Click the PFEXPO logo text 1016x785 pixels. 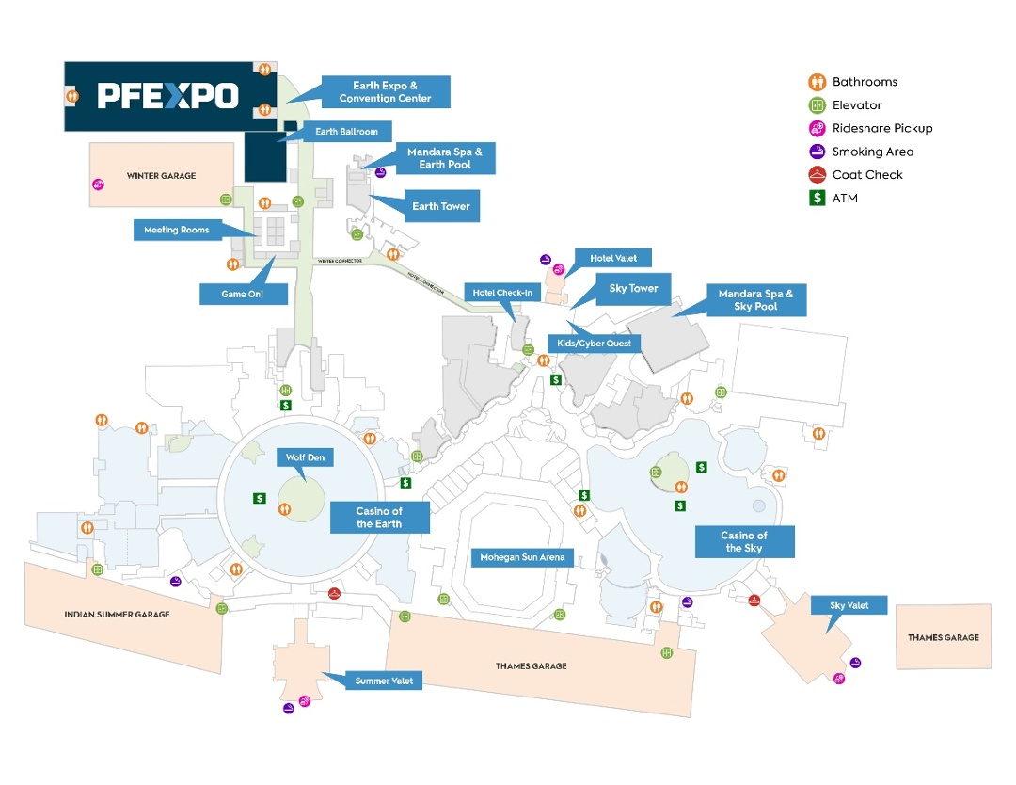pos(167,95)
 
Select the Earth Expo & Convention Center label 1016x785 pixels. pos(386,92)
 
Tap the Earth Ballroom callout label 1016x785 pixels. pos(347,132)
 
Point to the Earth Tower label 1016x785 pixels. pos(440,206)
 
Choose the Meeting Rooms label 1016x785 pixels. pos(176,230)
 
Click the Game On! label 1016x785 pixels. pos(242,294)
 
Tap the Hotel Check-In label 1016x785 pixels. pos(502,293)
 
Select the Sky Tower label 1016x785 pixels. pos(633,289)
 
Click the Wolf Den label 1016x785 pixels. pos(304,458)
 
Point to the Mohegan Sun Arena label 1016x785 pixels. pos(522,557)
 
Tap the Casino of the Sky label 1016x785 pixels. pos(745,541)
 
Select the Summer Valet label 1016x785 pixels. pos(384,681)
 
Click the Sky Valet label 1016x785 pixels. pos(849,605)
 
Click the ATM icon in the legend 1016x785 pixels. pos(818,198)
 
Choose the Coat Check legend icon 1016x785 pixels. pos(818,174)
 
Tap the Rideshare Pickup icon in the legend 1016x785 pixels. pos(818,128)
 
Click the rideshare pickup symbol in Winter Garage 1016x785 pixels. pos(98,185)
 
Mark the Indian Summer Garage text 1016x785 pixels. pos(117,615)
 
